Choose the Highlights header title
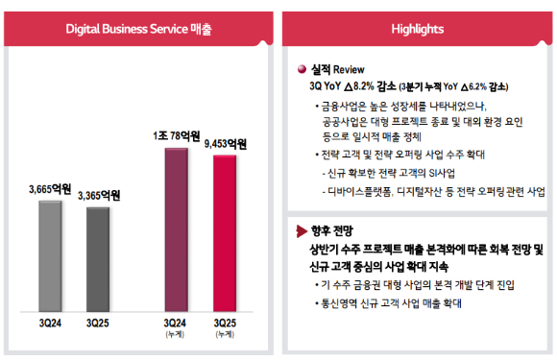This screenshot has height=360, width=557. [x=418, y=29]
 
